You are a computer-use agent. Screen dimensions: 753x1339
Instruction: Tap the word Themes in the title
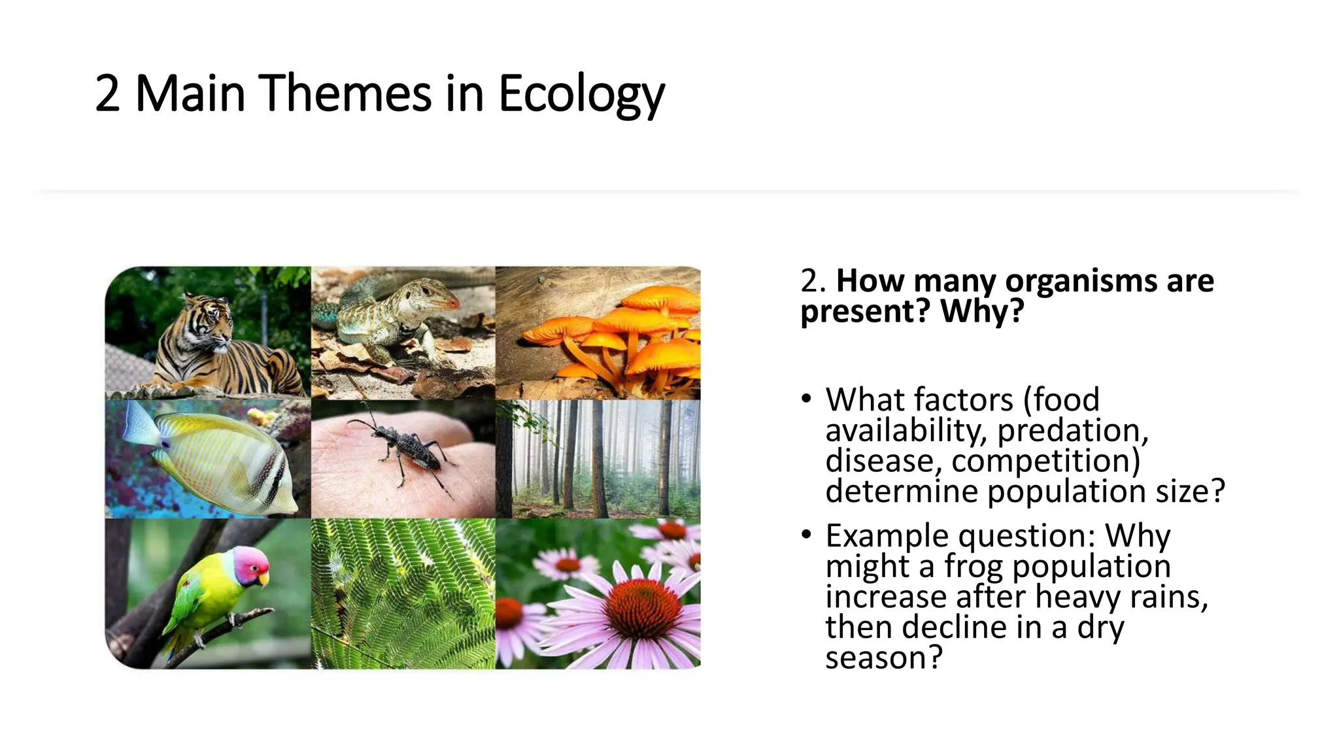[347, 93]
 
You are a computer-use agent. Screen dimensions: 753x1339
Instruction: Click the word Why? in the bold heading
[981, 311]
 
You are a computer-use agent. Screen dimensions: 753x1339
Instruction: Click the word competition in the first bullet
[1045, 461]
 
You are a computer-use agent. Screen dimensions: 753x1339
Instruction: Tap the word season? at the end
[883, 658]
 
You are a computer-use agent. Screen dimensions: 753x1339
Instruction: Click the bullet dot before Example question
[807, 535]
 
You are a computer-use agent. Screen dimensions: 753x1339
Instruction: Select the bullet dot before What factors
[807, 399]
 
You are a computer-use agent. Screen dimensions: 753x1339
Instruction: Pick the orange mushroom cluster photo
[598, 333]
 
